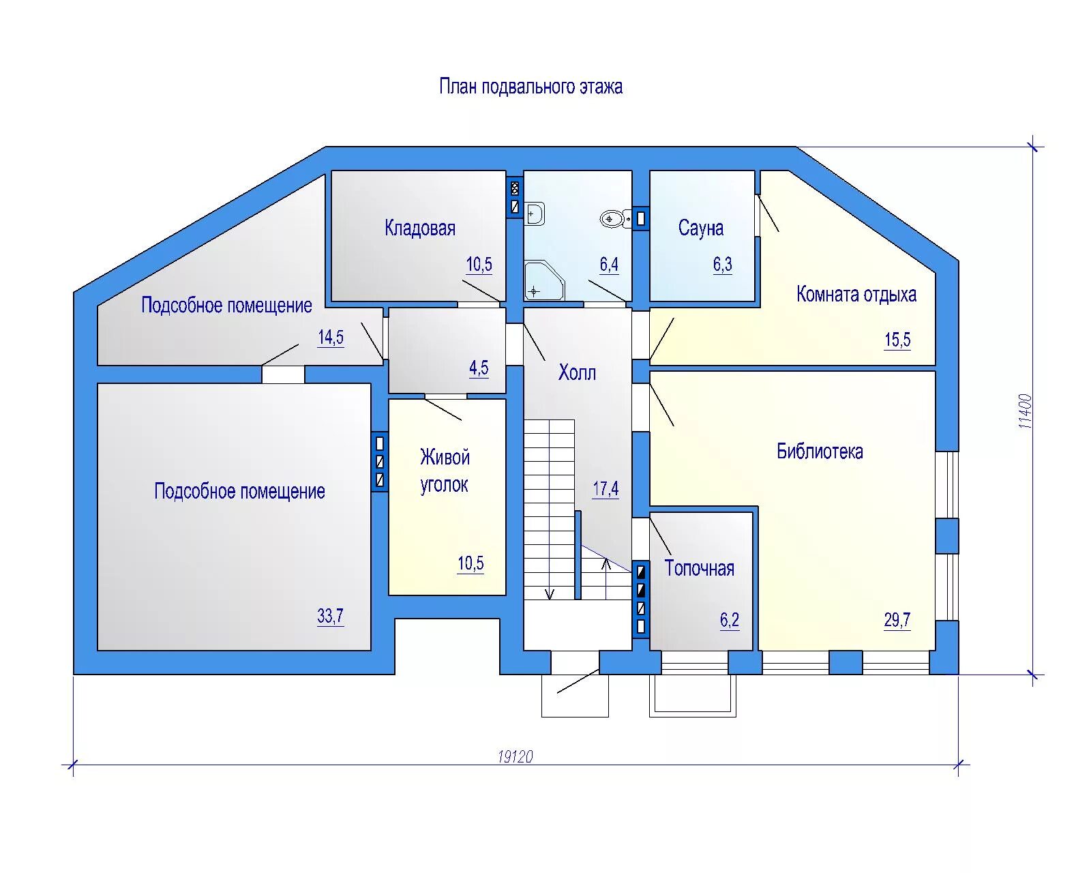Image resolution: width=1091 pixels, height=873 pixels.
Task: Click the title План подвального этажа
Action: click(530, 87)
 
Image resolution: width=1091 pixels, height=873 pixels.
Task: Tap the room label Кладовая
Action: click(420, 228)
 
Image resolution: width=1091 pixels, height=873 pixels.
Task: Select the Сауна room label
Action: click(701, 228)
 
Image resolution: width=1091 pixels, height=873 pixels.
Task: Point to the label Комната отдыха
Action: click(856, 295)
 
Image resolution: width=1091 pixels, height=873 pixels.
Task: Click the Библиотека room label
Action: click(820, 452)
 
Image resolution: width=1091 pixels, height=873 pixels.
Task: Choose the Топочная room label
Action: click(700, 569)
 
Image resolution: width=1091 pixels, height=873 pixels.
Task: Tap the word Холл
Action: click(577, 373)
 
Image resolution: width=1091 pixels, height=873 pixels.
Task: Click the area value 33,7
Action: click(330, 617)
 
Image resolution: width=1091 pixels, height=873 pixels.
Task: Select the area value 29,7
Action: click(897, 620)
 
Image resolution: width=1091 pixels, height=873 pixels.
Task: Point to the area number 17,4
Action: click(606, 489)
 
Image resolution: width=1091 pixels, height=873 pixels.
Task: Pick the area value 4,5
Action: click(479, 368)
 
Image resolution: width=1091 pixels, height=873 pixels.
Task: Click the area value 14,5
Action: click(331, 338)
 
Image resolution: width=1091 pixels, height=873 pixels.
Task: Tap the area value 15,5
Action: click(897, 340)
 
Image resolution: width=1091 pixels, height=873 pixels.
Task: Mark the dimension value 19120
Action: click(515, 756)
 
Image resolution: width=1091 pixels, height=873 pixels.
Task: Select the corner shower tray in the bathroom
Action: click(543, 281)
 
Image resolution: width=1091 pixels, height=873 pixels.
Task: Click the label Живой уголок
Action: click(445, 471)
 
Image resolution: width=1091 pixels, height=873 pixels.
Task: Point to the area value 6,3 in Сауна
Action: click(723, 265)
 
